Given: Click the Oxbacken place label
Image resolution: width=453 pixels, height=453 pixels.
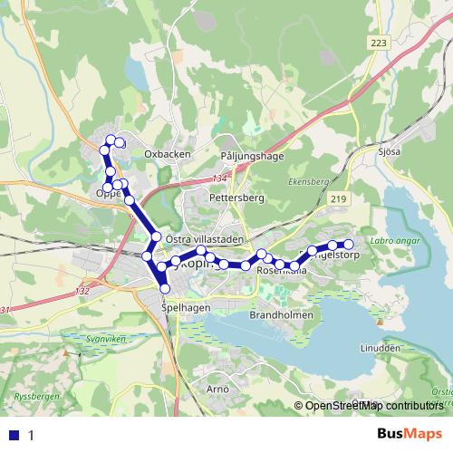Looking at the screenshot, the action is (168, 154).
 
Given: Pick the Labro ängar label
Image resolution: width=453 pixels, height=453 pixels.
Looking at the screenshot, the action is (394, 239).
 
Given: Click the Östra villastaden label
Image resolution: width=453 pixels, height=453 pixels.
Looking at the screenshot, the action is (206, 238).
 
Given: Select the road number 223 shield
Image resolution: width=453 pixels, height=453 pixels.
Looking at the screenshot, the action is (380, 43).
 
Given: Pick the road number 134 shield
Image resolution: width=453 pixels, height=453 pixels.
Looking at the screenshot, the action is (220, 178).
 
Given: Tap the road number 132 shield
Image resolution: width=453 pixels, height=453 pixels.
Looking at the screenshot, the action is (83, 291).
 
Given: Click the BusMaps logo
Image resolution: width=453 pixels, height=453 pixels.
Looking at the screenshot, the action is (410, 434).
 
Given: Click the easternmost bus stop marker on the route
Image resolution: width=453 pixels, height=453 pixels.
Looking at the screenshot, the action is (348, 245).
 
